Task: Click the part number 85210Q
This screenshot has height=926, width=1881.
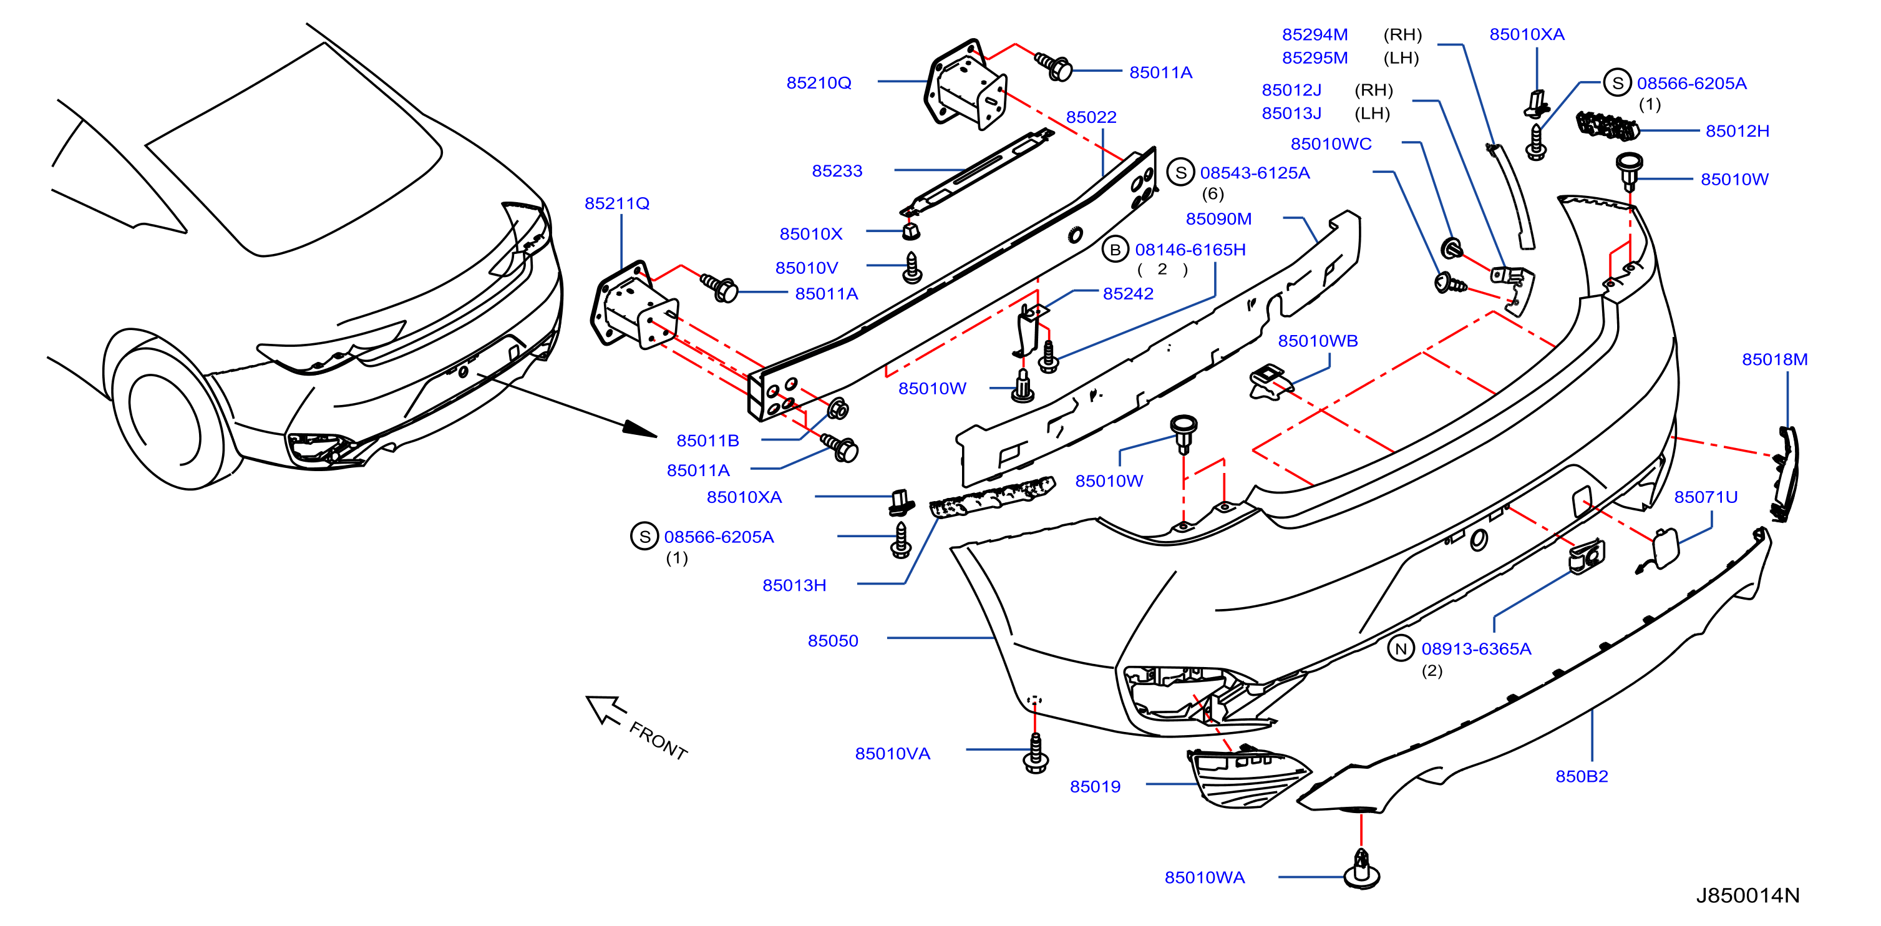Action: [x=819, y=83]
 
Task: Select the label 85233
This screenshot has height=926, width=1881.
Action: [x=837, y=171]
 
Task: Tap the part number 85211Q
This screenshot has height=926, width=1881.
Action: [x=617, y=204]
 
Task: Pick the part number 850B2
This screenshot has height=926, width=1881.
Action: [x=1582, y=777]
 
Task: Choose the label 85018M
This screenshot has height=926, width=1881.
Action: [x=1774, y=360]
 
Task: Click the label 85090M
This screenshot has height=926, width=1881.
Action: [x=1218, y=219]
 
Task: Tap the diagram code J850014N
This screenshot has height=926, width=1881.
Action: [x=1747, y=896]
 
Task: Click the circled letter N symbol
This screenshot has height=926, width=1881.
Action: [x=1401, y=648]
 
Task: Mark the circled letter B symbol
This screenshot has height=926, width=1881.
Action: [x=1115, y=250]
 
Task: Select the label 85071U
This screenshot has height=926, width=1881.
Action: [x=1706, y=497]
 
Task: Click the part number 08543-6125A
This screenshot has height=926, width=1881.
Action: [x=1255, y=173]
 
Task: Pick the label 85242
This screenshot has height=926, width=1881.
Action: [x=1128, y=293]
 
